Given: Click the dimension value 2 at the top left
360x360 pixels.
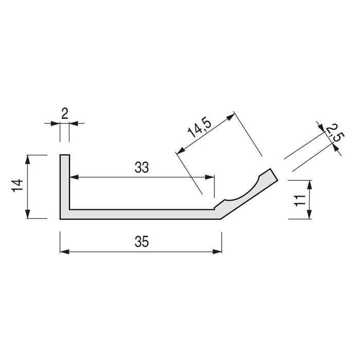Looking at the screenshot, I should tap(65, 114).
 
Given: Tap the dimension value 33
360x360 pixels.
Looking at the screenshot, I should tap(142, 167).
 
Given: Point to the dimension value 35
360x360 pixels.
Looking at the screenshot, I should tap(142, 241).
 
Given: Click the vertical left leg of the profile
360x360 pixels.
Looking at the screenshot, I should tap(65, 185).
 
